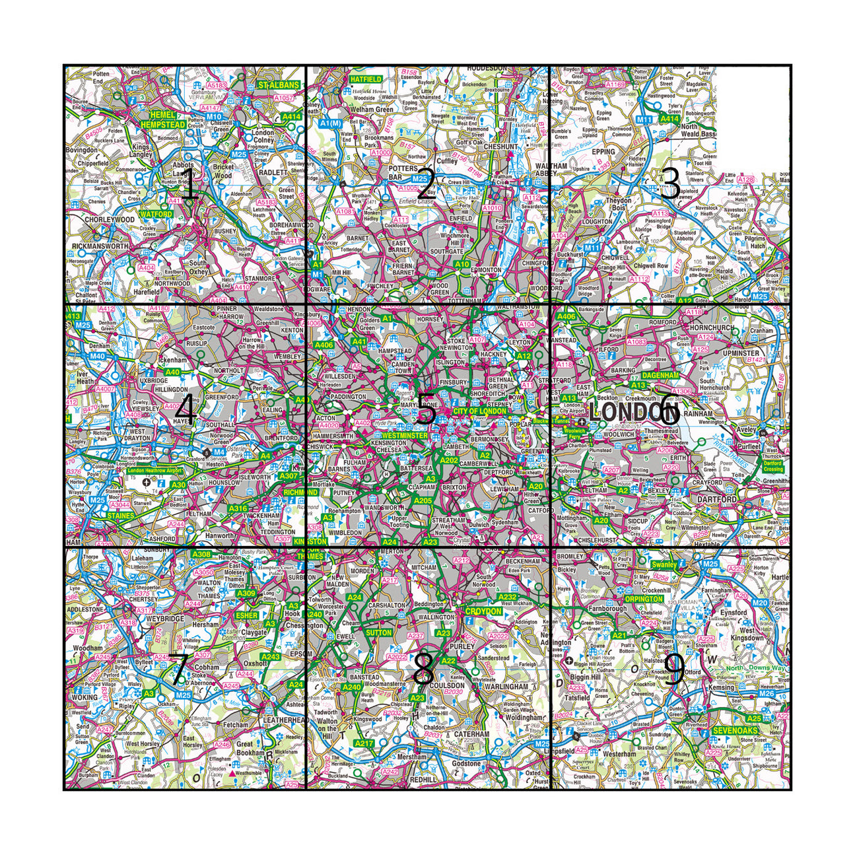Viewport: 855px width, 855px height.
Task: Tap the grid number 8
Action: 423,671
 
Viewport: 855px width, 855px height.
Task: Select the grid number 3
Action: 669,184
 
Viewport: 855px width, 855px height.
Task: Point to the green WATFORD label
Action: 156,215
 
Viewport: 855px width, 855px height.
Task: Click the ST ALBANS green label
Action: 278,85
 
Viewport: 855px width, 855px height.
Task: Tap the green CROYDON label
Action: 483,612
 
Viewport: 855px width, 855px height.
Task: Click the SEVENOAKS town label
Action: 735,731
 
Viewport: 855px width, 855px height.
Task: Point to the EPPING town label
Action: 603,152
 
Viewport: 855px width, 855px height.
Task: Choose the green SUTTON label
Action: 378,633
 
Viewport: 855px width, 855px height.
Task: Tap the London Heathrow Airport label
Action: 154,470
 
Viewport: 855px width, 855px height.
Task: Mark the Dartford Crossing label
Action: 774,466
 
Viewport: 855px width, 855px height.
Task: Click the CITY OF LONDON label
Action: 479,411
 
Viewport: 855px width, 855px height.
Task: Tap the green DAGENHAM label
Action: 660,375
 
